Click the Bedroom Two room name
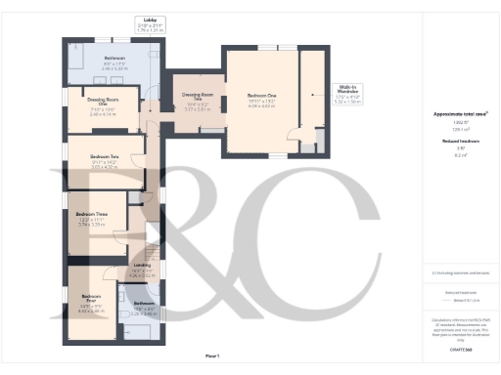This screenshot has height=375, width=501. tap(105, 156)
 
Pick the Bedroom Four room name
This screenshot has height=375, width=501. tap(92, 296)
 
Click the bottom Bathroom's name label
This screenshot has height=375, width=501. tap(143, 304)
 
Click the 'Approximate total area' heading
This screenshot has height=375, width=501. tap(460, 114)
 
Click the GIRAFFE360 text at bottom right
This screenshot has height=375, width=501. tap(461, 349)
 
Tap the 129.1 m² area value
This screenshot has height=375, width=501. tap(460, 128)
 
